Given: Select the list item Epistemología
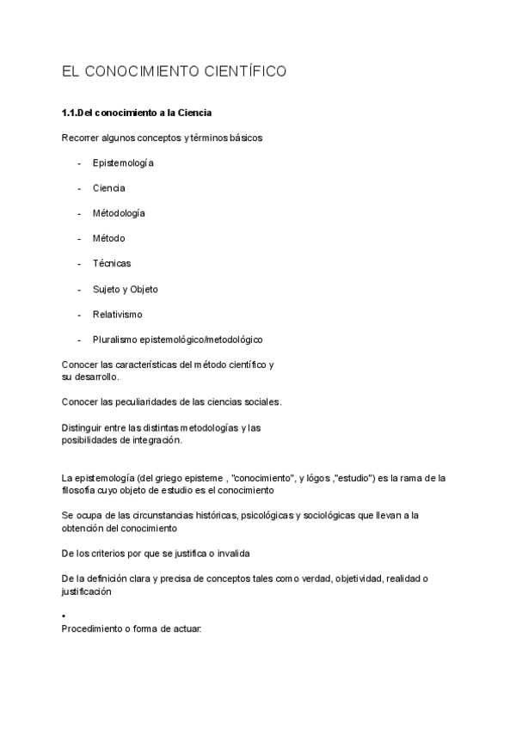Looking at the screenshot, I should [123, 162].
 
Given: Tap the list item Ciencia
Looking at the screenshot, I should [109, 187].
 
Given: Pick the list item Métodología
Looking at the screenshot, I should [119, 212].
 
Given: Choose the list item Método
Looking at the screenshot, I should [109, 238].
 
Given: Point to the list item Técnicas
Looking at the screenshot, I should [112, 263].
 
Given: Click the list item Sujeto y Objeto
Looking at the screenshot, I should [126, 289].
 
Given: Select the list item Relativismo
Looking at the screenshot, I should [118, 314].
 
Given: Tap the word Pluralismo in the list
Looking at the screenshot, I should [115, 340].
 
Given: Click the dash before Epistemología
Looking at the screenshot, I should [79, 162].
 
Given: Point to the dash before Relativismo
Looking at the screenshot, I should [79, 314].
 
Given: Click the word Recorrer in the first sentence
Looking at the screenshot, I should [80, 138].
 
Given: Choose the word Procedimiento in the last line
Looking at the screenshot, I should [94, 628].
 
